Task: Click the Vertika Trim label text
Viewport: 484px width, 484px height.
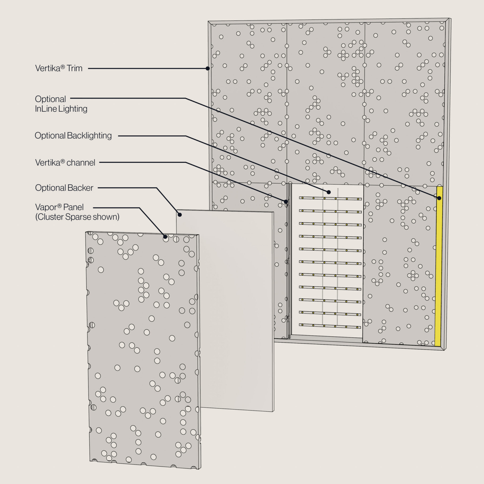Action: pyautogui.click(x=59, y=68)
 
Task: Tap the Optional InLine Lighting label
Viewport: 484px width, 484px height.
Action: pyautogui.click(x=61, y=104)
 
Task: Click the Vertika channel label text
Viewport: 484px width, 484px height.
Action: pyautogui.click(x=65, y=163)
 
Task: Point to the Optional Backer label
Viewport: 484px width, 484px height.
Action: pyautogui.click(x=64, y=188)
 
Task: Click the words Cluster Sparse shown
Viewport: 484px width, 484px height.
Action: pyautogui.click(x=77, y=217)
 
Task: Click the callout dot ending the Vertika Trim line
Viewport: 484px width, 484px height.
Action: pyautogui.click(x=208, y=68)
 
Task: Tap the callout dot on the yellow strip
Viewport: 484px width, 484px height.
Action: pyautogui.click(x=439, y=198)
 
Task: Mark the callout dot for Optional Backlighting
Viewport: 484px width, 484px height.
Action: pyautogui.click(x=329, y=192)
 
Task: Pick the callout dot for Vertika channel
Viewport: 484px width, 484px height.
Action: pyautogui.click(x=286, y=202)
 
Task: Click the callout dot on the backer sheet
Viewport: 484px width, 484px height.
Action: pyautogui.click(x=180, y=215)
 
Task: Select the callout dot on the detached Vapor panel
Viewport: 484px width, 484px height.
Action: pyautogui.click(x=165, y=237)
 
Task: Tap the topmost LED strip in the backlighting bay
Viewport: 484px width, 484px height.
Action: pyautogui.click(x=330, y=199)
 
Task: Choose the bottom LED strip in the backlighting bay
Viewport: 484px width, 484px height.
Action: pyautogui.click(x=330, y=326)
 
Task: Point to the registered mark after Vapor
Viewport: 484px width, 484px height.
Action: pyautogui.click(x=59, y=206)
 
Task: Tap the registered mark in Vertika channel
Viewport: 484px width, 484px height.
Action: pyautogui.click(x=63, y=161)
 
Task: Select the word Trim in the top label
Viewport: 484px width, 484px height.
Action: pyautogui.click(x=74, y=68)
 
